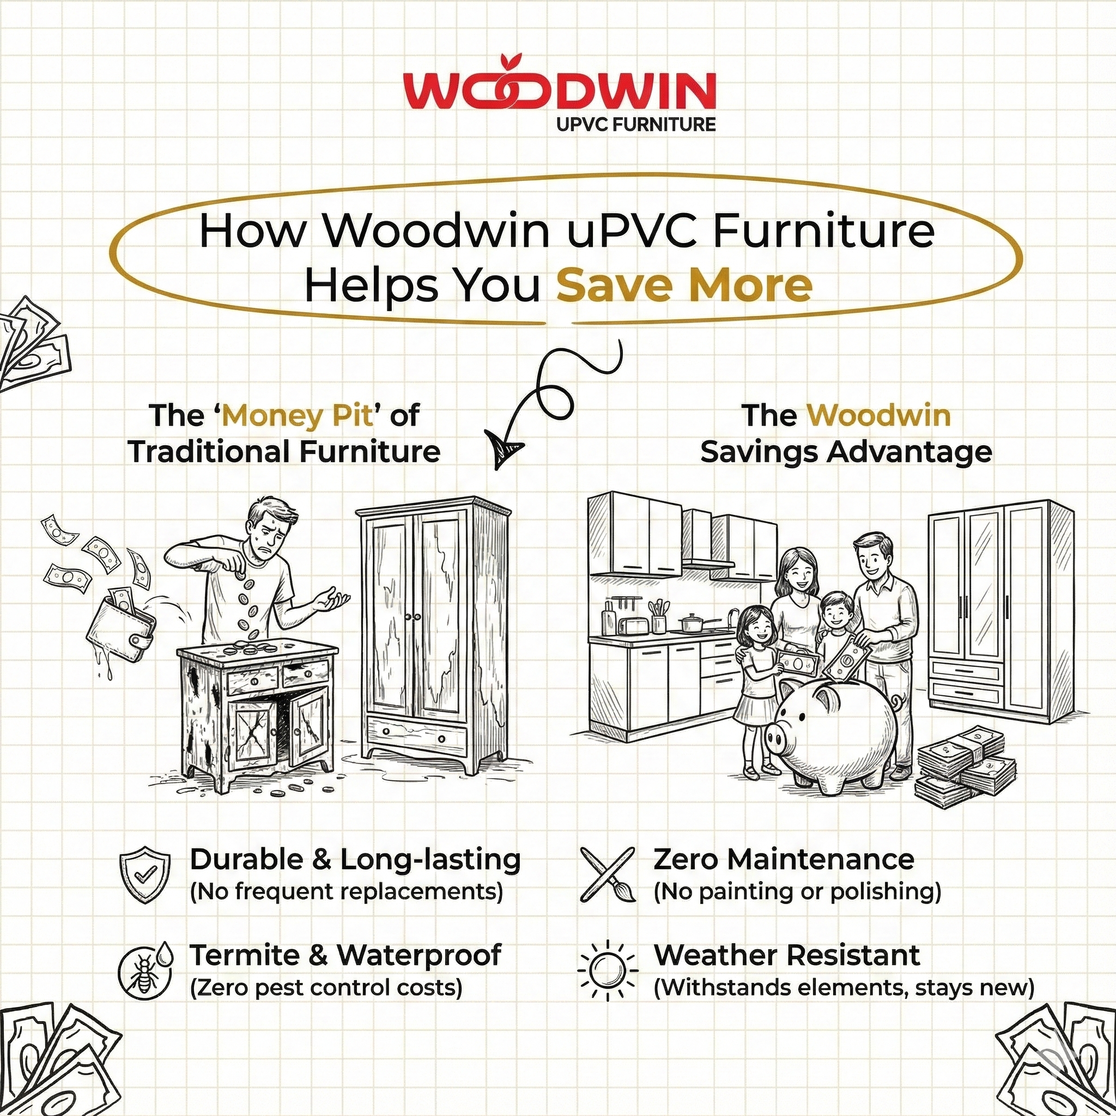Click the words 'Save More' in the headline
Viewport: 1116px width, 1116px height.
(684, 286)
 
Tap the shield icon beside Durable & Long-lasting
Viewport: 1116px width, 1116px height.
(145, 874)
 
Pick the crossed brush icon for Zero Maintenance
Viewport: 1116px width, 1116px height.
(607, 875)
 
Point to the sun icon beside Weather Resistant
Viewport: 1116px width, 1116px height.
(607, 971)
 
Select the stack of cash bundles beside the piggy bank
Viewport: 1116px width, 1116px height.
(964, 766)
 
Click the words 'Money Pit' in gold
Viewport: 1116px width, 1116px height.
(297, 416)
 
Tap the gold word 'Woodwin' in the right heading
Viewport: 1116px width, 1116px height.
(878, 416)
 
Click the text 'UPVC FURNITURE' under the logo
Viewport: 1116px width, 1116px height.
(635, 124)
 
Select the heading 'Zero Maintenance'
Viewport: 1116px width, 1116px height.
(783, 859)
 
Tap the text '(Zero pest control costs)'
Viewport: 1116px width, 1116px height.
(326, 988)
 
